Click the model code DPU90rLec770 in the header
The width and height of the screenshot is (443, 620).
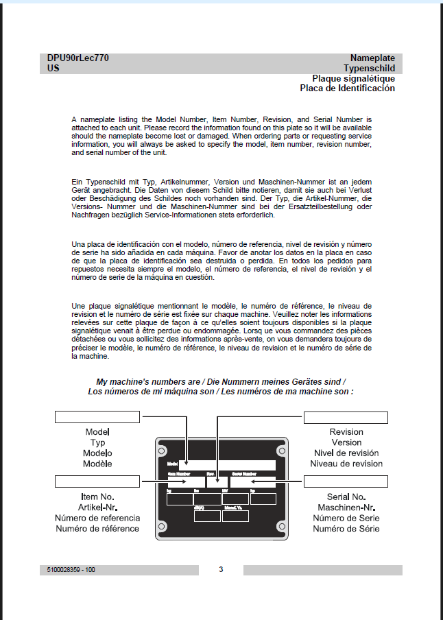tap(77, 58)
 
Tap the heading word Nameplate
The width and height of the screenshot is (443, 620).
tap(372, 58)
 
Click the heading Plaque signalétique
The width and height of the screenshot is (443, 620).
tap(353, 78)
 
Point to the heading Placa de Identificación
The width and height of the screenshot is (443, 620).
tap(347, 88)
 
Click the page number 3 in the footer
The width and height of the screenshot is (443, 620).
tap(221, 569)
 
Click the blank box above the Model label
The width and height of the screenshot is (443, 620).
tap(97, 418)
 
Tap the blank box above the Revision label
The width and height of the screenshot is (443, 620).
tap(346, 418)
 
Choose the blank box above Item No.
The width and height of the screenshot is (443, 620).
tap(97, 481)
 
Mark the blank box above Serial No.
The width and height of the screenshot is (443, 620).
tap(346, 481)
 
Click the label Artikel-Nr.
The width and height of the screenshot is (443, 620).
tap(97, 507)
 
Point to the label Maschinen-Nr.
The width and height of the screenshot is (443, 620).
tap(346, 507)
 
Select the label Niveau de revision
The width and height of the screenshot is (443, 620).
tap(346, 464)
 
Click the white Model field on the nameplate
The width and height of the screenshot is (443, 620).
tap(226, 465)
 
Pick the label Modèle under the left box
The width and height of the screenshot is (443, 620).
tap(97, 464)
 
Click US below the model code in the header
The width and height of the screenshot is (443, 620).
tap(53, 69)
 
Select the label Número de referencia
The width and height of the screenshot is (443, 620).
tap(97, 518)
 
